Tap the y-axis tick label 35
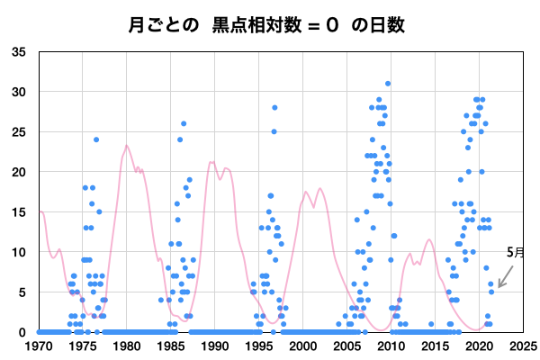[19, 52]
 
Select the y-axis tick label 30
[19, 92]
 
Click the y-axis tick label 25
[19, 132]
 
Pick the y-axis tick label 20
[19, 172]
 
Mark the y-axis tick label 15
[19, 212]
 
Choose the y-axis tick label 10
[19, 252]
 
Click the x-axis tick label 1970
[39, 346]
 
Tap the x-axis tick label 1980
[127, 346]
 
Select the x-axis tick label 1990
[215, 346]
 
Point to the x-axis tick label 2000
[303, 346]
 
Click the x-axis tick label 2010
[391, 346]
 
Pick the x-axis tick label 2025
[523, 346]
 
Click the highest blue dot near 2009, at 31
[388, 84]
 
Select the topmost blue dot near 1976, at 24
[96, 139]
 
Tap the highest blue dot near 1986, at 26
[184, 123]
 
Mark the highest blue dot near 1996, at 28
[274, 108]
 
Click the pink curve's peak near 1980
[127, 146]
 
